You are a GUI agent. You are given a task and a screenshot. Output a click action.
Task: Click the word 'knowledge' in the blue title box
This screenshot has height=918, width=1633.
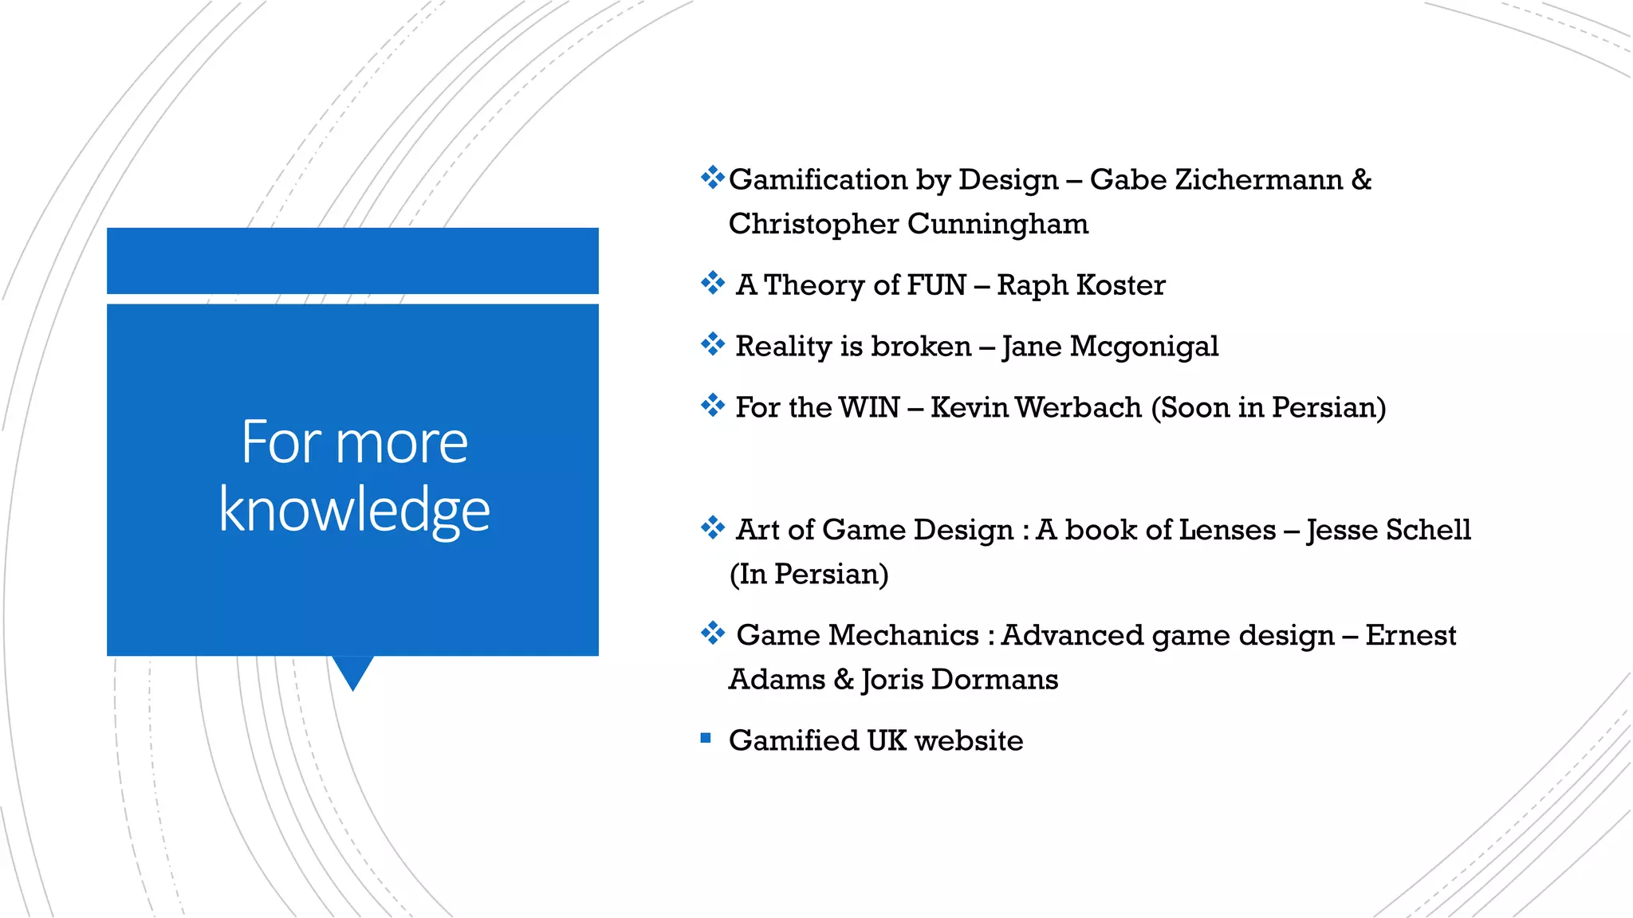click(x=354, y=510)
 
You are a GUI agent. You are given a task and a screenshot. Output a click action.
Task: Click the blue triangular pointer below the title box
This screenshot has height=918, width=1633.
click(x=352, y=671)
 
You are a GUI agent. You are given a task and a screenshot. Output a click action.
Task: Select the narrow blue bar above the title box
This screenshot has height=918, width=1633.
click(x=352, y=261)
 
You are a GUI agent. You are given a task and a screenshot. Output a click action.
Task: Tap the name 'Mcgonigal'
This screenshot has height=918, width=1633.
click(x=1143, y=347)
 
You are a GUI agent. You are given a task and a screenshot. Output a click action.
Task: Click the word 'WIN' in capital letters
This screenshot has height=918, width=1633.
click(x=868, y=408)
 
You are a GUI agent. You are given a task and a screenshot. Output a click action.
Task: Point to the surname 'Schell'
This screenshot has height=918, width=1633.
click(x=1428, y=530)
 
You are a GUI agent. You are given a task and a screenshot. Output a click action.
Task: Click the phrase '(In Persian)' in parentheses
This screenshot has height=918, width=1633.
click(x=809, y=575)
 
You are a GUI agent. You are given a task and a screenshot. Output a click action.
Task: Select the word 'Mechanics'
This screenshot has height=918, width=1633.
click(x=903, y=636)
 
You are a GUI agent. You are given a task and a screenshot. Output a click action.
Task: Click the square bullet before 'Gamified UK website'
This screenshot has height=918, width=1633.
click(x=705, y=739)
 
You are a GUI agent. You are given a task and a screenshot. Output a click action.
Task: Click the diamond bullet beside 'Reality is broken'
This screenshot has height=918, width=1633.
click(x=712, y=344)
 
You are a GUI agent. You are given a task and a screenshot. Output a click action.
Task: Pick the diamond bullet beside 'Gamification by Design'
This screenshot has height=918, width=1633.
click(x=712, y=177)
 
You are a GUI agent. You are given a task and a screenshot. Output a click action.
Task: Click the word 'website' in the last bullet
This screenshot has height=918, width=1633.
click(x=968, y=741)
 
